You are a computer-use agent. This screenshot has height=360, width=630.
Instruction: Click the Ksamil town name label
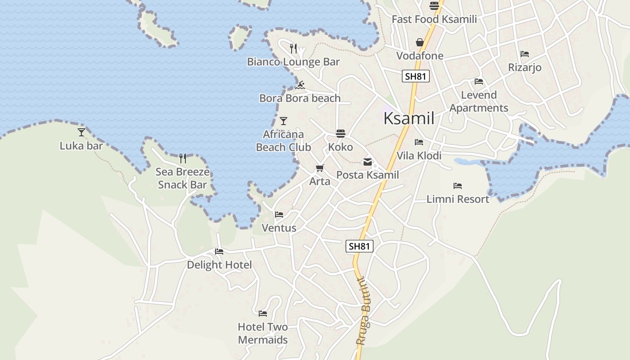click(409, 118)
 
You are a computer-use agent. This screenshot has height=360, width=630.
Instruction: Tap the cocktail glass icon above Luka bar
click(81, 132)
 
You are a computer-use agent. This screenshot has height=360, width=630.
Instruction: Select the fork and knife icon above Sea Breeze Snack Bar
click(183, 158)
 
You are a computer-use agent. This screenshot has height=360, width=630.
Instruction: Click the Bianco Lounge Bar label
click(293, 62)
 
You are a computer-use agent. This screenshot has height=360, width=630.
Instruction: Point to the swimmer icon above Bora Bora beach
click(301, 85)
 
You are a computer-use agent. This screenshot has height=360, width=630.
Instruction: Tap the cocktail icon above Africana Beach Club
click(283, 121)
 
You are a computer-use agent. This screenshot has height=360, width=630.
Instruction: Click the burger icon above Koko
click(341, 134)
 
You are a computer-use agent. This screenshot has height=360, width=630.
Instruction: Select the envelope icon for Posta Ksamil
click(368, 162)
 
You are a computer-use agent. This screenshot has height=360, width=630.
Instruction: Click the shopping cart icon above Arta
click(319, 168)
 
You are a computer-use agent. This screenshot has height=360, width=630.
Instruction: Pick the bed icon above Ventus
click(279, 215)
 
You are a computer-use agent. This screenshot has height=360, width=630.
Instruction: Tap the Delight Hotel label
click(219, 265)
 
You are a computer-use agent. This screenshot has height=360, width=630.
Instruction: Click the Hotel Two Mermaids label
click(263, 333)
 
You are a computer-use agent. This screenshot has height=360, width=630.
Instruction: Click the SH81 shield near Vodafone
click(415, 76)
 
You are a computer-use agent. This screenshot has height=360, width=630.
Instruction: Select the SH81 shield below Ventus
click(360, 246)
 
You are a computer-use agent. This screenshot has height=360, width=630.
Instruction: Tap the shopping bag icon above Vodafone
click(420, 42)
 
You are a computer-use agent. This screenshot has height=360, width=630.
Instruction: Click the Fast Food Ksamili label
click(434, 19)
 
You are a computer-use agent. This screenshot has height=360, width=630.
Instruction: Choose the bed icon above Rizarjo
click(525, 54)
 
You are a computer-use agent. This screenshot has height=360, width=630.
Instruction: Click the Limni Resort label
click(458, 199)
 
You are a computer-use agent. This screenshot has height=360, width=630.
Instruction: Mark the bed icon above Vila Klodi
click(419, 142)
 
